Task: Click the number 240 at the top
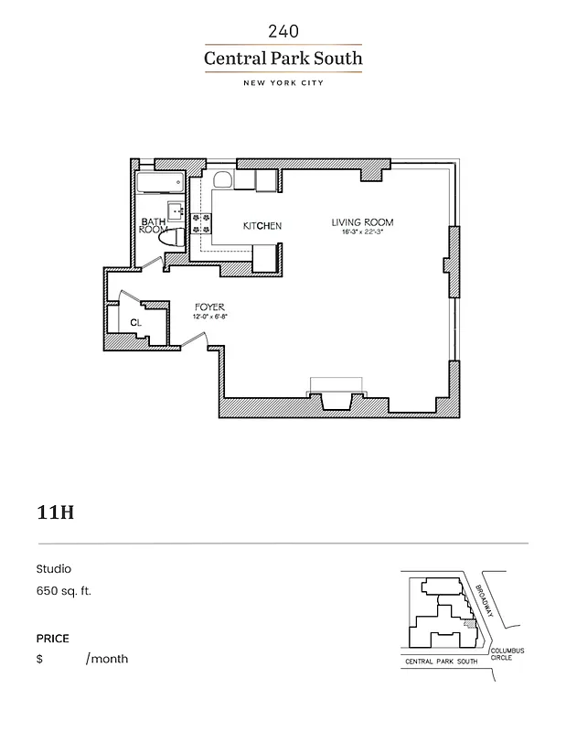[x=283, y=31]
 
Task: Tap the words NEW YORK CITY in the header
[x=283, y=83]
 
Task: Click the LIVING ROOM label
[x=362, y=222]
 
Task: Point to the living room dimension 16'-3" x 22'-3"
[x=362, y=232]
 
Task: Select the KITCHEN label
[x=262, y=226]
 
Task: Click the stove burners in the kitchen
[x=202, y=225]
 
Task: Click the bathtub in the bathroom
[x=159, y=183]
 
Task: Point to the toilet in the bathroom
[x=172, y=237]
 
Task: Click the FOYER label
[x=209, y=307]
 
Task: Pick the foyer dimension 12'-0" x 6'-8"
[x=209, y=317]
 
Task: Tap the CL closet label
[x=135, y=323]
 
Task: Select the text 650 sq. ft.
[x=64, y=590]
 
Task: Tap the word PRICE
[x=53, y=639]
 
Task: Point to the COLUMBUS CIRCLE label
[x=507, y=653]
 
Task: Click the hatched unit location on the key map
[x=470, y=626]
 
